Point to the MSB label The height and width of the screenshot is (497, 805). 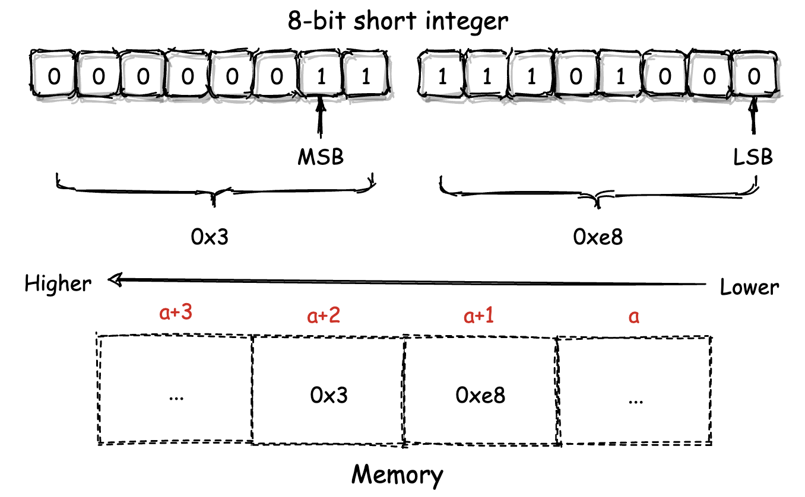[321, 158]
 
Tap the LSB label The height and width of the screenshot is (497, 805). [753, 158]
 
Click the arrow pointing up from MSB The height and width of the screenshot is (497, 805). [321, 122]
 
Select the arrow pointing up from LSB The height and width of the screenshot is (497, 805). [754, 122]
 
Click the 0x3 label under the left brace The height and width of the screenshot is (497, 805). [210, 237]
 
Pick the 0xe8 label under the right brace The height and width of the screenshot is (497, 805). [598, 237]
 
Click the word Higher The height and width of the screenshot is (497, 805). [58, 284]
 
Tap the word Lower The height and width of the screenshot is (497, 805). [749, 288]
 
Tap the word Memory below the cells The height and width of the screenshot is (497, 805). [397, 474]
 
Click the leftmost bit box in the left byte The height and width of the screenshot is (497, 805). [53, 77]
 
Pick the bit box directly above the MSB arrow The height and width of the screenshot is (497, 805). [321, 77]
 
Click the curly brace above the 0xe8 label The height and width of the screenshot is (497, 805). [598, 193]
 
